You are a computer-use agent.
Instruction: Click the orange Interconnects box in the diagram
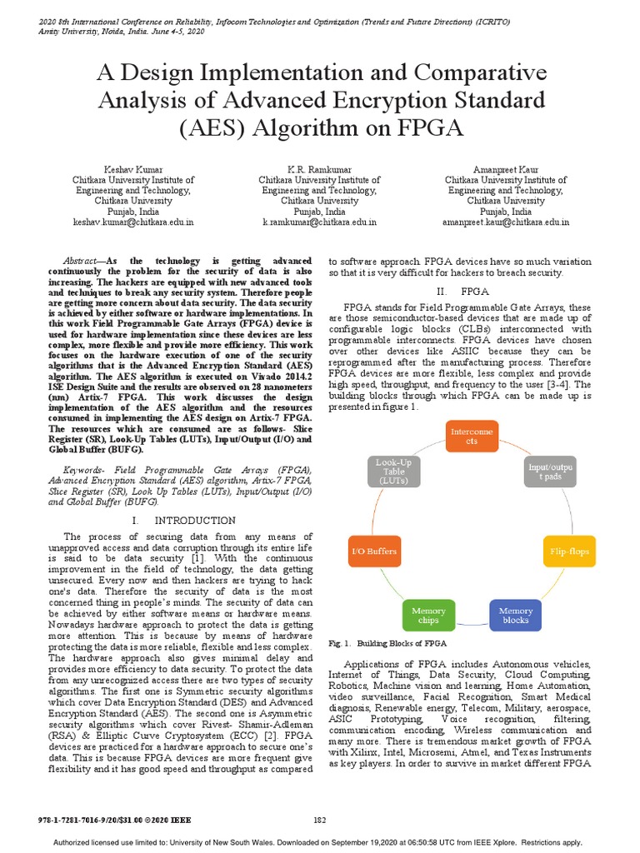click(472, 437)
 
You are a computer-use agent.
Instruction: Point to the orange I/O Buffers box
click(372, 551)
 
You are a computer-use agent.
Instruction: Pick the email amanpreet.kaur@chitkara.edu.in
click(506, 222)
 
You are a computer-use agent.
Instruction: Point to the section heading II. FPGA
click(462, 292)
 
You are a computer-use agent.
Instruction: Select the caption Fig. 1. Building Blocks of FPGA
click(387, 644)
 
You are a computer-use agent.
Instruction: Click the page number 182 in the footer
click(319, 821)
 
